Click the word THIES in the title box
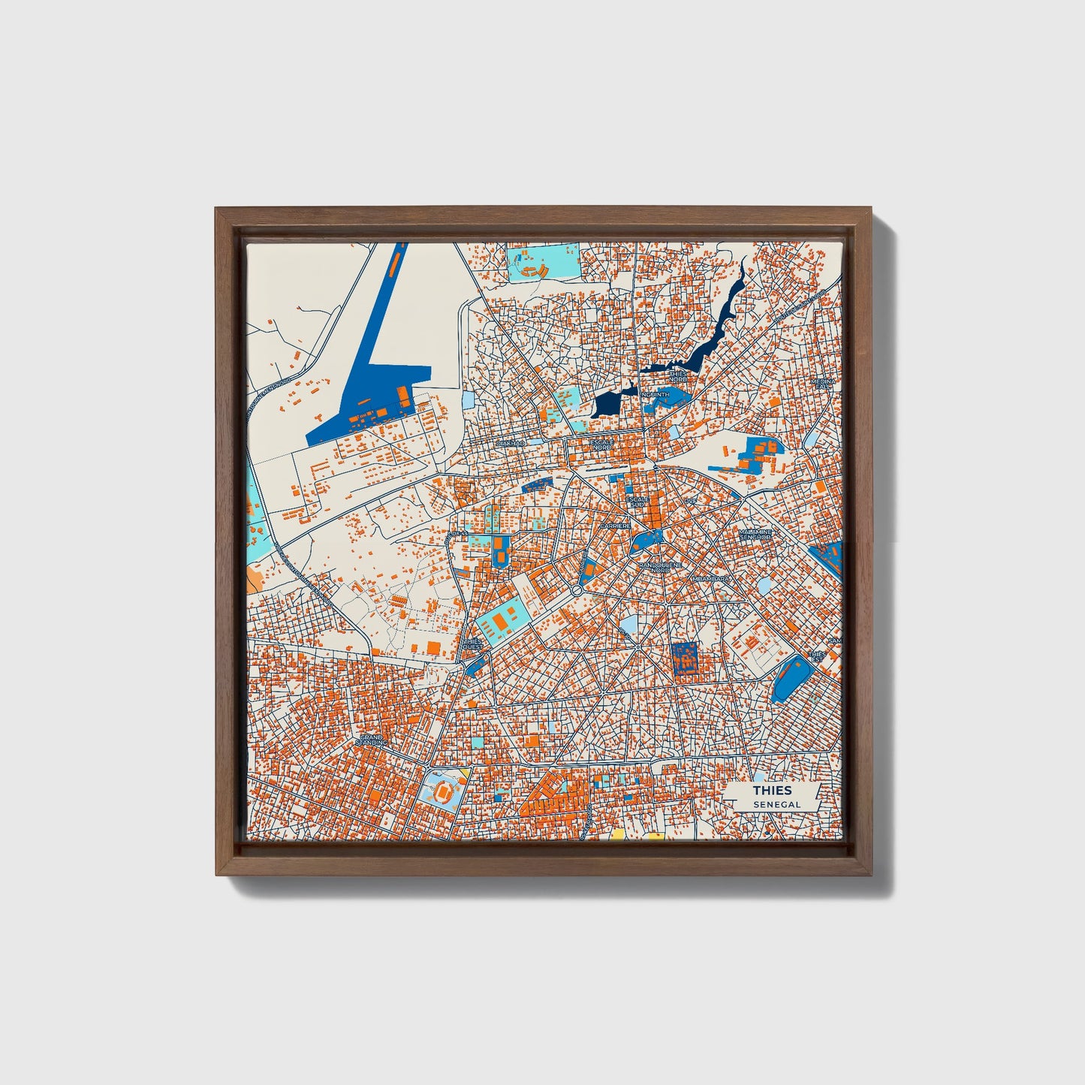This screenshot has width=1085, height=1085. (773, 791)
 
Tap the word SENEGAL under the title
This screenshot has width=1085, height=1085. (777, 804)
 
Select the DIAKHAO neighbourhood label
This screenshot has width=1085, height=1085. (510, 444)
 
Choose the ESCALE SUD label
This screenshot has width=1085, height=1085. (637, 502)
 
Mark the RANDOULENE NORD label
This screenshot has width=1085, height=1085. (655, 568)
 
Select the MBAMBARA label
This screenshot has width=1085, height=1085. (710, 579)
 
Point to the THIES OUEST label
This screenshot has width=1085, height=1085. (473, 644)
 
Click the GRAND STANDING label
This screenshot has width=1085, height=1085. (372, 740)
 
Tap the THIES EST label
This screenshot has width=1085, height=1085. (817, 656)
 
